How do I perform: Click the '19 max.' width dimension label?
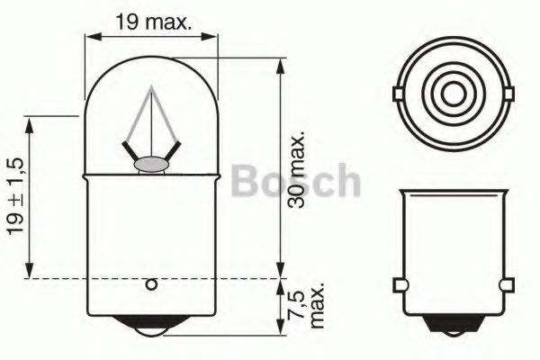tap(153, 22)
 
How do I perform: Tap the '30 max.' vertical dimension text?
tap(296, 169)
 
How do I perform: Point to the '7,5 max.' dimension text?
tap(307, 305)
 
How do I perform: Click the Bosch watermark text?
tap(296, 181)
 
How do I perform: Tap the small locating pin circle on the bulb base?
tap(151, 285)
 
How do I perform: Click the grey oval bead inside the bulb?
tap(151, 165)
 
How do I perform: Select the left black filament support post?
tap(129, 152)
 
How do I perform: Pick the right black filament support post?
tap(172, 152)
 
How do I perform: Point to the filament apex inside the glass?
tap(151, 86)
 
